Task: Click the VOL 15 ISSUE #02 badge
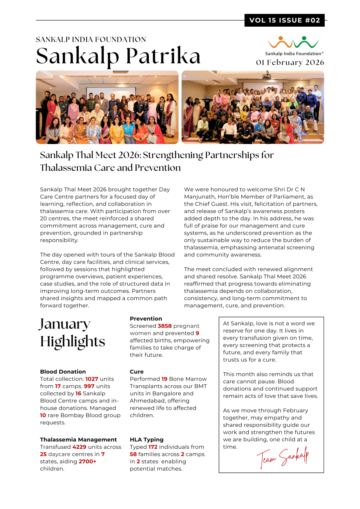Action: tap(284, 20)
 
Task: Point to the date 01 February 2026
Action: tap(290, 63)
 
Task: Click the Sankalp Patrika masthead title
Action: tap(118, 56)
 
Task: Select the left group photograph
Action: tap(107, 107)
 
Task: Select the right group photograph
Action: tap(253, 107)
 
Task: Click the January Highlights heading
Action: tap(72, 333)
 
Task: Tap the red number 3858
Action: tap(165, 326)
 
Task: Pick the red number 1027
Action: tap(92, 379)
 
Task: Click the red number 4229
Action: tap(80, 447)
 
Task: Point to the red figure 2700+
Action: tap(87, 461)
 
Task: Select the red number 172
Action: tap(153, 447)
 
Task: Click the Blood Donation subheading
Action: tap(63, 372)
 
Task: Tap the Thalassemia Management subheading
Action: tap(78, 440)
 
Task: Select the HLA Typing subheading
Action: tap(147, 440)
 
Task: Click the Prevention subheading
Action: tap(146, 319)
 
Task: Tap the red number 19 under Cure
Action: tap(164, 379)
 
